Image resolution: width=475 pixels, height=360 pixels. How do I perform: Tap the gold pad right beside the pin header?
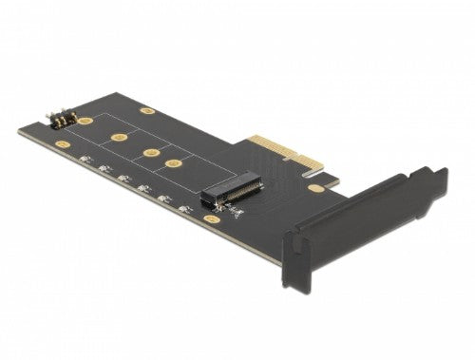85,122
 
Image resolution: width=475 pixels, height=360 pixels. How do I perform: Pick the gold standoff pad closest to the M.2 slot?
173,163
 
